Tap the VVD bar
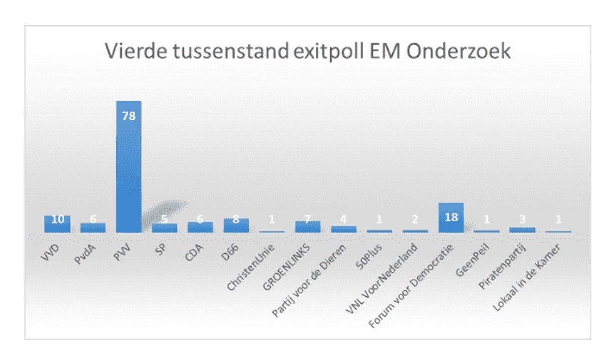(x=57, y=224)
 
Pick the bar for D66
(x=236, y=225)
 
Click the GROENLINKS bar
(x=308, y=226)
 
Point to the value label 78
(x=129, y=115)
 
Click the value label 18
(x=451, y=217)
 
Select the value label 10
(x=57, y=220)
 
